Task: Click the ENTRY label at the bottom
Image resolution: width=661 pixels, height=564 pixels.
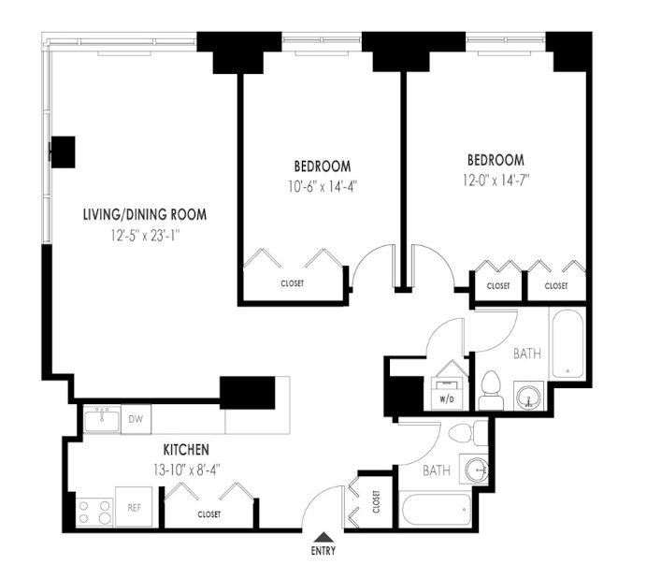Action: pyautogui.click(x=323, y=550)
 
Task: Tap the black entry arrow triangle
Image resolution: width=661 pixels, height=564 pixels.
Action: pyautogui.click(x=323, y=537)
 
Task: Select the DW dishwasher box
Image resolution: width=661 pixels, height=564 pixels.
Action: pyautogui.click(x=136, y=419)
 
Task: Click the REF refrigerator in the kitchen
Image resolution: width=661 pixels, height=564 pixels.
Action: pyautogui.click(x=134, y=507)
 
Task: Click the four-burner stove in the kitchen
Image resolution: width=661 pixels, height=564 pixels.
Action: pyautogui.click(x=94, y=512)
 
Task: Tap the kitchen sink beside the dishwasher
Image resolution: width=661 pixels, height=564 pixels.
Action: pyautogui.click(x=102, y=419)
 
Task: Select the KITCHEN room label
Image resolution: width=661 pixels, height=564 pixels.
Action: pyautogui.click(x=186, y=450)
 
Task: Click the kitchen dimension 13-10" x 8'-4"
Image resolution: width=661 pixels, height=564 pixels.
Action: pyautogui.click(x=187, y=470)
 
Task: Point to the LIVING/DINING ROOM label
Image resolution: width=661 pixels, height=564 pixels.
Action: pyautogui.click(x=145, y=214)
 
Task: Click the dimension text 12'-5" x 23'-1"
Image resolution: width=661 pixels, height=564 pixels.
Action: pyautogui.click(x=146, y=236)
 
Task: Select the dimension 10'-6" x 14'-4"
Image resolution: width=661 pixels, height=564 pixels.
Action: pyautogui.click(x=323, y=186)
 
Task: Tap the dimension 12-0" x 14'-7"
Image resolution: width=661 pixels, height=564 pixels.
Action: pyautogui.click(x=496, y=181)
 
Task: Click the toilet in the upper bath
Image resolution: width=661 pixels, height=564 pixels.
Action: pyautogui.click(x=491, y=390)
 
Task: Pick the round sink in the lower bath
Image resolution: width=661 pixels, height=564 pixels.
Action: pyautogui.click(x=477, y=470)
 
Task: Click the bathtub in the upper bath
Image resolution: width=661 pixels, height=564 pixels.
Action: pyautogui.click(x=568, y=344)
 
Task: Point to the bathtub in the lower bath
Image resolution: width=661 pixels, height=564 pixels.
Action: pyautogui.click(x=436, y=509)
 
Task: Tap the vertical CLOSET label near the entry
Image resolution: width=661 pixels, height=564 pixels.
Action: pyautogui.click(x=376, y=501)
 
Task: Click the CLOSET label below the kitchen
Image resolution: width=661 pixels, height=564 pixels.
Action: pyautogui.click(x=209, y=514)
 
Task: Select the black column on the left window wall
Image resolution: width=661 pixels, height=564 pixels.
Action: pyautogui.click(x=63, y=152)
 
